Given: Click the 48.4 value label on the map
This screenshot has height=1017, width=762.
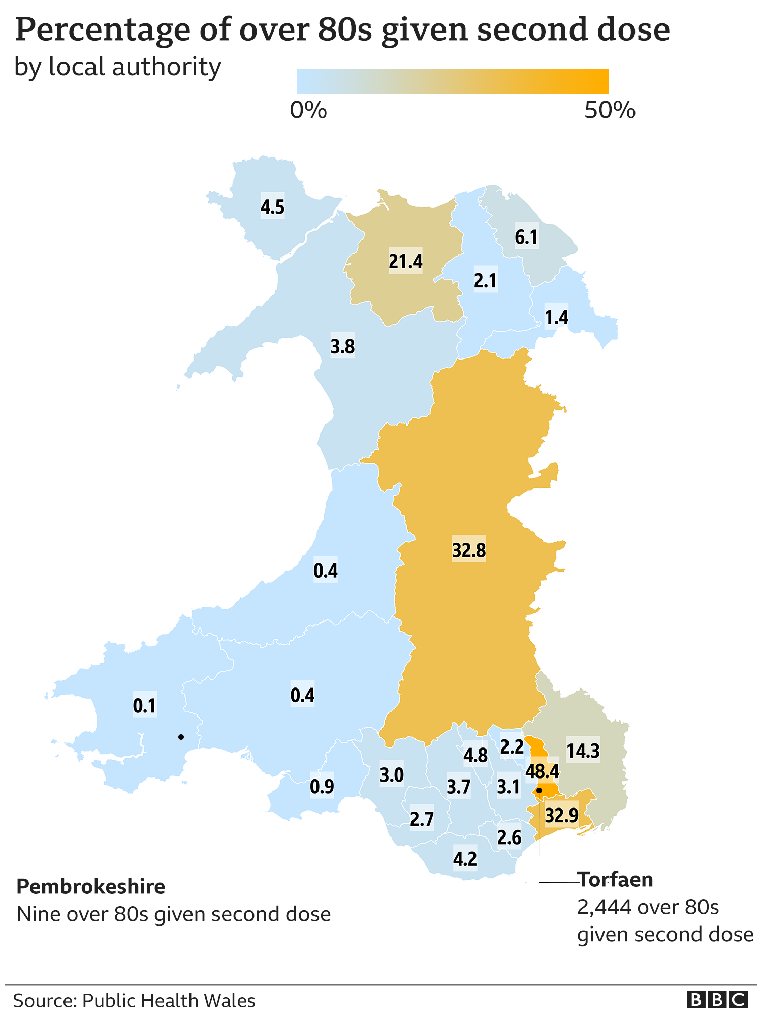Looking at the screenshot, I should pyautogui.click(x=542, y=772).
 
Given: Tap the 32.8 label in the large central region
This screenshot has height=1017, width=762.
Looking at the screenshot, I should pyautogui.click(x=468, y=550).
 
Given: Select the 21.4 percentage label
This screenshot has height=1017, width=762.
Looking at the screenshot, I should pyautogui.click(x=405, y=261).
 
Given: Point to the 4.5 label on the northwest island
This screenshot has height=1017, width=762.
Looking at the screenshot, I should pyautogui.click(x=272, y=207).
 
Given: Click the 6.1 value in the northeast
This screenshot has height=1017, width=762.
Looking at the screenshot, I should pyautogui.click(x=526, y=237).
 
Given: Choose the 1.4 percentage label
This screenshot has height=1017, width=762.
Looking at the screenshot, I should pyautogui.click(x=556, y=317).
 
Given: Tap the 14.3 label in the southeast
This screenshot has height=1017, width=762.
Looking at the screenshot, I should pyautogui.click(x=583, y=751).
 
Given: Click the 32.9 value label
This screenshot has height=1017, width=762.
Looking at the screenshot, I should pyautogui.click(x=561, y=816).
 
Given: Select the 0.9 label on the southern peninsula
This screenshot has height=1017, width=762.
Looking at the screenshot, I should pyautogui.click(x=322, y=787).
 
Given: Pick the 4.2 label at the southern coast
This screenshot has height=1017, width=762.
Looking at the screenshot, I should pyautogui.click(x=465, y=859).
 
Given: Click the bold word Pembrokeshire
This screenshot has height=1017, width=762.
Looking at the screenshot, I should pyautogui.click(x=91, y=887).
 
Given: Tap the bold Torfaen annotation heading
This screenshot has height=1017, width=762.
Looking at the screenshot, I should pyautogui.click(x=615, y=880).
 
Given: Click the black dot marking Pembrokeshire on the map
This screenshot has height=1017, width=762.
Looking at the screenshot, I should pyautogui.click(x=181, y=737).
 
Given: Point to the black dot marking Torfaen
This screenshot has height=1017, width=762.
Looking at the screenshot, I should pyautogui.click(x=539, y=791).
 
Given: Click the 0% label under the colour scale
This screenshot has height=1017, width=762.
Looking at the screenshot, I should pyautogui.click(x=308, y=110).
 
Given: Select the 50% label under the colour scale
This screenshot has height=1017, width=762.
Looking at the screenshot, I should pyautogui.click(x=609, y=110).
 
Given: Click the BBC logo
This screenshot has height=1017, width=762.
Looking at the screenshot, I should pyautogui.click(x=717, y=1000).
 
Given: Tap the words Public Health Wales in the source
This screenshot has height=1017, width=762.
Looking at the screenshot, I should pyautogui.click(x=169, y=1001).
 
